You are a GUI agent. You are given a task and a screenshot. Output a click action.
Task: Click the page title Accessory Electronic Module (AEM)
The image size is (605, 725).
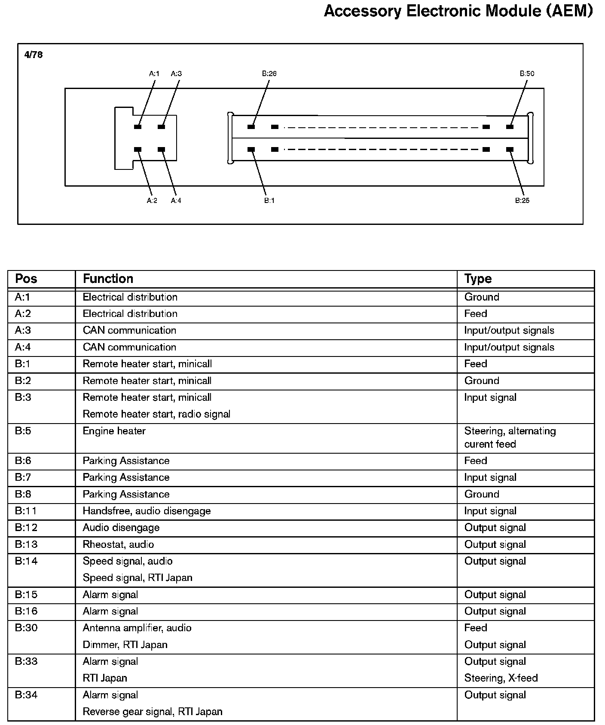(458, 11)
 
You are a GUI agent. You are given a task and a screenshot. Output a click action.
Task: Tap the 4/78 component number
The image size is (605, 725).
(34, 55)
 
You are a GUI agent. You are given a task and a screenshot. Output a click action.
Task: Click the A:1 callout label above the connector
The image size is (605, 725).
(154, 74)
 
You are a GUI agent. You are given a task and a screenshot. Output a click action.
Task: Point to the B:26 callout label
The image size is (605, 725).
(269, 74)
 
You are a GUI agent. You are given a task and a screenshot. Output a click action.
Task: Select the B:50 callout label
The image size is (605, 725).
(527, 74)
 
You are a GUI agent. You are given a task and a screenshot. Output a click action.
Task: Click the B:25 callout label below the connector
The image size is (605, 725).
(522, 200)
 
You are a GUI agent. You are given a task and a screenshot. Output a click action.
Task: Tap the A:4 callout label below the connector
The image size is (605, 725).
(176, 200)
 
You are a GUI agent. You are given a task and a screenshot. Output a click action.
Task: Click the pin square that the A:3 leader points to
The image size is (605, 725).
(162, 127)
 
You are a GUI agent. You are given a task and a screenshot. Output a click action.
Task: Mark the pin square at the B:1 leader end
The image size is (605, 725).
(251, 150)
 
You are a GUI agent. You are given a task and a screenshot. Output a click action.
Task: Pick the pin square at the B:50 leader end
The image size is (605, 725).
(510, 127)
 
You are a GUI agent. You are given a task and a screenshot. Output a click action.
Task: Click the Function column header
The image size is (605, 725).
(108, 279)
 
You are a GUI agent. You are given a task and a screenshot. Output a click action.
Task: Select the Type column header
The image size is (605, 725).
(478, 279)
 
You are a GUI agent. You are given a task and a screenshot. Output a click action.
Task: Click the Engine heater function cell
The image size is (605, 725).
(114, 431)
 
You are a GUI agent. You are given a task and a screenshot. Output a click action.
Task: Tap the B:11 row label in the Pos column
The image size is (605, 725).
(26, 511)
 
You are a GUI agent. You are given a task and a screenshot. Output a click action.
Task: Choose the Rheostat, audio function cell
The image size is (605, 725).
(118, 544)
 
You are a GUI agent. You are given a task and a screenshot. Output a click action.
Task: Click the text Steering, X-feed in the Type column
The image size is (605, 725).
(501, 678)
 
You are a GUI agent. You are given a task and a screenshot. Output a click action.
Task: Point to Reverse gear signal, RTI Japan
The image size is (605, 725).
(153, 712)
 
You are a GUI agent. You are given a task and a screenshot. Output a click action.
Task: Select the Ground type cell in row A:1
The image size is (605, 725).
(482, 297)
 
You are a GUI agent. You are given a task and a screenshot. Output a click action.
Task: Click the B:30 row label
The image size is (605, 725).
(26, 628)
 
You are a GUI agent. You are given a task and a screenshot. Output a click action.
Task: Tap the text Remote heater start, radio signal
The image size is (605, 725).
(156, 414)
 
